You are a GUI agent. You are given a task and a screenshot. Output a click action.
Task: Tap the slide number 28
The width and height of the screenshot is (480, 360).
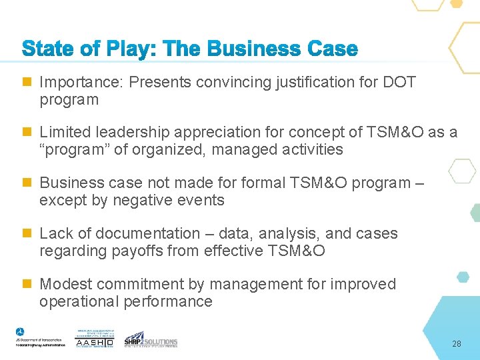coord(457,344)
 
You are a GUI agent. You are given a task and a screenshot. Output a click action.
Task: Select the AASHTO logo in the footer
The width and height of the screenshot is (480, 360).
coord(95,339)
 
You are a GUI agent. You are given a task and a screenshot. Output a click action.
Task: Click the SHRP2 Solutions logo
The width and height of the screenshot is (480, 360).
coord(151,339)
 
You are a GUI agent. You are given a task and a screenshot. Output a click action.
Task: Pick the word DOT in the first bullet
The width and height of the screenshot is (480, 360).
coord(399,83)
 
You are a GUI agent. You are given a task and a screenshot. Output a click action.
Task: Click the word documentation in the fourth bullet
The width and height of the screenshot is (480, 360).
coord(148,234)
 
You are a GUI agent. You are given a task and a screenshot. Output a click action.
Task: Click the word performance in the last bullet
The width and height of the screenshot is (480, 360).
coord(167,302)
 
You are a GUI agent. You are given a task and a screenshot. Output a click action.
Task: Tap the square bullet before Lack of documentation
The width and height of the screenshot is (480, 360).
coord(27,233)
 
